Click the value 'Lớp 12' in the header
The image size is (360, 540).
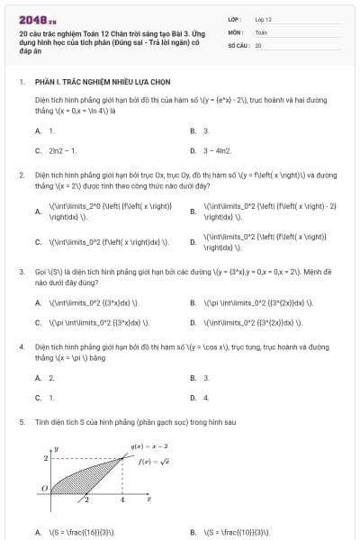point(263,19)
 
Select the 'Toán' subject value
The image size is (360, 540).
point(261,31)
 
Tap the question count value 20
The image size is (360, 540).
point(258,44)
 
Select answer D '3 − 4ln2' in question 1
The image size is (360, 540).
point(217,150)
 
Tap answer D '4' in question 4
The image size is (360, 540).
point(206,397)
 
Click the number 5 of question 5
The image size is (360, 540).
point(22,421)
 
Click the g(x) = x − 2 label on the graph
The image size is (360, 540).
point(150,446)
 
